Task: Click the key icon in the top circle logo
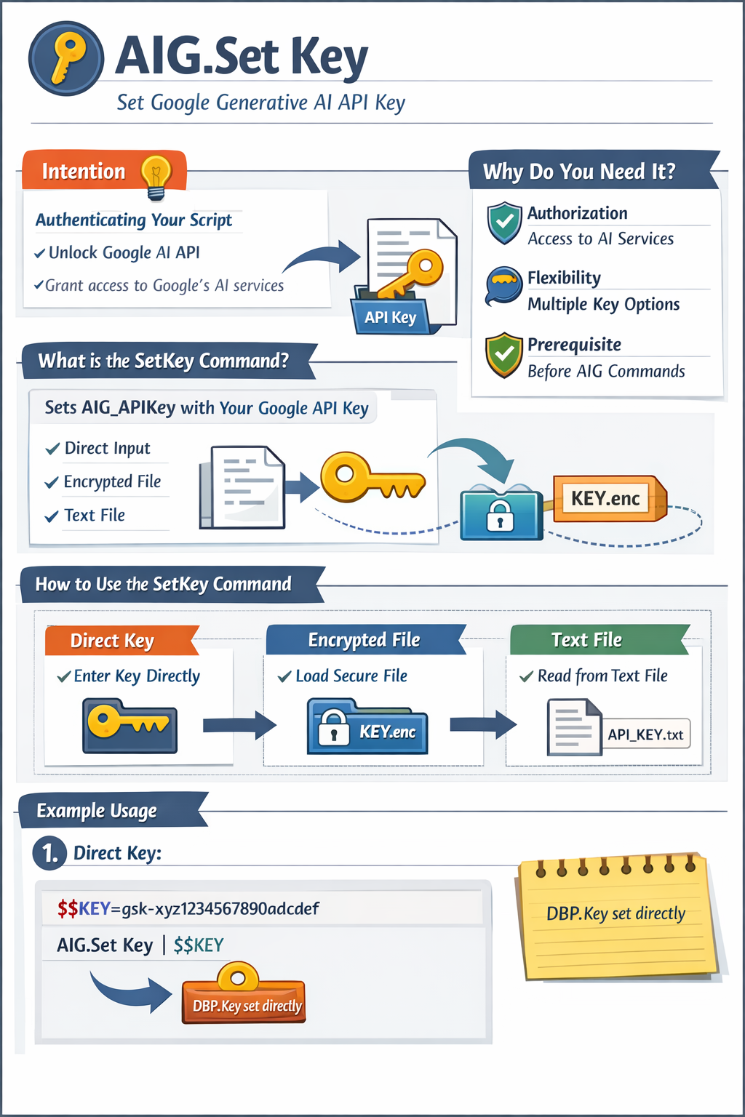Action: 67,58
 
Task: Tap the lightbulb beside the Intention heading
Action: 156,175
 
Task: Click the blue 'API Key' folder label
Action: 391,317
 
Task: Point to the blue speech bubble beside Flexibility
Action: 503,284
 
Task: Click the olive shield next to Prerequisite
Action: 504,355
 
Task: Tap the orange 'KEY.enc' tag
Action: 606,498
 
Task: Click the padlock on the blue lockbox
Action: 500,516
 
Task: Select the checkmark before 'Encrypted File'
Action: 52,483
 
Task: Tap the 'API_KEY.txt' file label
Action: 645,734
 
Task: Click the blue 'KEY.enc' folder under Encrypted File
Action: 367,728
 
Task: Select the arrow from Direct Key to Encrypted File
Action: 239,724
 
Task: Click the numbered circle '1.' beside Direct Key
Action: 49,853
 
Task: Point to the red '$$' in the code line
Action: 68,908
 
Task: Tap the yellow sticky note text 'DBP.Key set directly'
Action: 615,913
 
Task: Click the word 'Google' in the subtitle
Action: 180,103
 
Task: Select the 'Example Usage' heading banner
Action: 97,811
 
